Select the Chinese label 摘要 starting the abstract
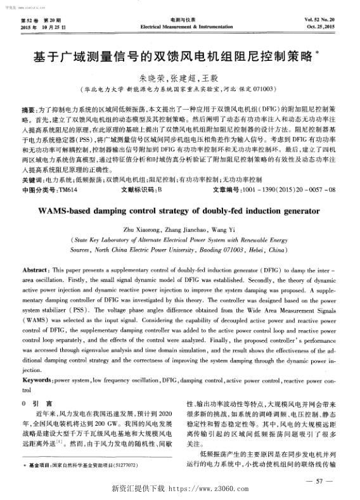[x=29, y=92]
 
